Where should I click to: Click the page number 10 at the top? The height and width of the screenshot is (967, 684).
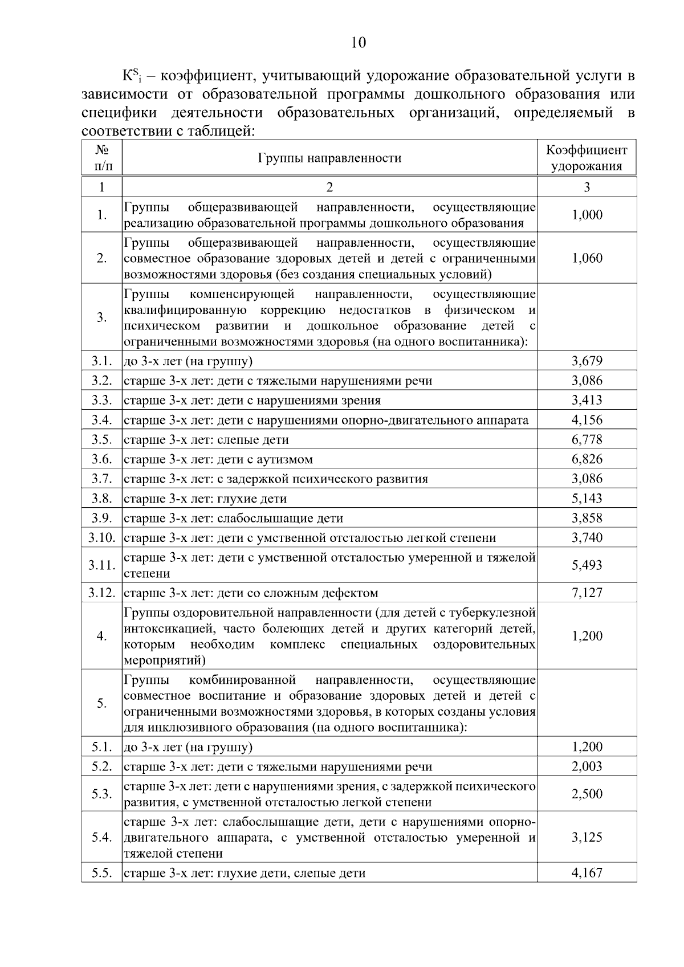[x=359, y=43]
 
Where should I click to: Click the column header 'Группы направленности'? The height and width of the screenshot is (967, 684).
[x=329, y=158]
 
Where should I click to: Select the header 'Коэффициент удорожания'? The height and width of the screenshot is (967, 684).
[x=587, y=158]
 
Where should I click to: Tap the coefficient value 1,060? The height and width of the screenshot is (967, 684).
[x=587, y=258]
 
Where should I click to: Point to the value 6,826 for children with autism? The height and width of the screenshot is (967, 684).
[x=587, y=459]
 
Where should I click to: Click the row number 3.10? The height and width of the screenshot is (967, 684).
[x=101, y=538]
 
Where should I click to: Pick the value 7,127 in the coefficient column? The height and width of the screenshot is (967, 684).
[x=587, y=593]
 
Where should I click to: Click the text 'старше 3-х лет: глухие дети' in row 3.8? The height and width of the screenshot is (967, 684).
[x=205, y=499]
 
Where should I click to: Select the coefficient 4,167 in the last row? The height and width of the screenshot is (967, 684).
[x=587, y=873]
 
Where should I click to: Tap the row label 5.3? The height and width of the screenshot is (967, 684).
[x=101, y=794]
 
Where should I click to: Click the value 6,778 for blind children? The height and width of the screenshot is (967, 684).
[x=587, y=440]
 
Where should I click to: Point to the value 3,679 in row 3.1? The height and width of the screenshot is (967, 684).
[x=587, y=361]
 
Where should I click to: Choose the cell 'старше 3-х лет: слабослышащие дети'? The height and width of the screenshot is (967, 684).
[x=234, y=519]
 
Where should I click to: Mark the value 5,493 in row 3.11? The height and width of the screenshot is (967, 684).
[x=587, y=565]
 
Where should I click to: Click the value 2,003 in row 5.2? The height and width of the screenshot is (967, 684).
[x=587, y=766]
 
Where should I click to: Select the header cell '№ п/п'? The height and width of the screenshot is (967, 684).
[x=101, y=158]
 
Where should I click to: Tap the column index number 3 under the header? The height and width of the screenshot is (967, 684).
[x=587, y=187]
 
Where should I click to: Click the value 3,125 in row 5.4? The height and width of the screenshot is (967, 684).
[x=587, y=838]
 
